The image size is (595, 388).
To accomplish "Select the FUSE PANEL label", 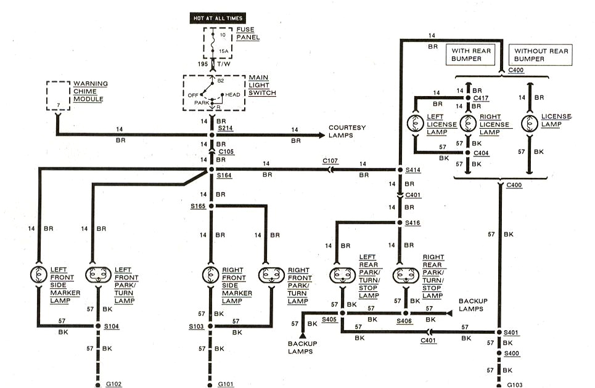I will [x=248, y=33].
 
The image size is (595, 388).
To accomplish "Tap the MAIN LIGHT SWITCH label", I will [x=263, y=85].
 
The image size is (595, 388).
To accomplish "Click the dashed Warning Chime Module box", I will [x=59, y=95].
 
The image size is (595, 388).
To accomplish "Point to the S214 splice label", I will [x=225, y=129].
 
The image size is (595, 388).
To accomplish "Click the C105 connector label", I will [x=225, y=152].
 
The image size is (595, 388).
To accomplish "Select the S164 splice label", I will [x=225, y=176].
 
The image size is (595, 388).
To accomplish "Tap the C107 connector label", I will [x=330, y=162].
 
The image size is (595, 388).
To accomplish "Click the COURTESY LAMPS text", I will [x=347, y=131].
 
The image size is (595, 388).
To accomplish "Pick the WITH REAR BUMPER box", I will [x=472, y=55].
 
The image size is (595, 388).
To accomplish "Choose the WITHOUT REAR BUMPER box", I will [x=541, y=55].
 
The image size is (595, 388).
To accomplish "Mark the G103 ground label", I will [x=515, y=384].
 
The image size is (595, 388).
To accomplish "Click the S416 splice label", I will [x=412, y=223].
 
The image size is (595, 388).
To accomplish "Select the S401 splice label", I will [x=512, y=333].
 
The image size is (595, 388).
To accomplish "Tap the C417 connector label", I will [x=481, y=98].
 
